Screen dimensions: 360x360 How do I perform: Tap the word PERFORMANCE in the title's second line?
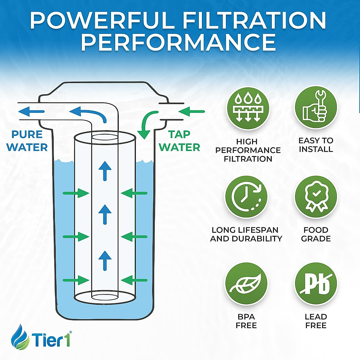click(178, 42)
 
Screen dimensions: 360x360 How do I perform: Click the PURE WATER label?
click(27, 141)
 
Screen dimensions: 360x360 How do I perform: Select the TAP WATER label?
click(179, 141)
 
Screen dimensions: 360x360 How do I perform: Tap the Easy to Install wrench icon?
click(316, 108)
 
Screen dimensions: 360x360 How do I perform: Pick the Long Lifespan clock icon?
click(246, 197)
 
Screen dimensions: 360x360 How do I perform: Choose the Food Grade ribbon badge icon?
click(316, 197)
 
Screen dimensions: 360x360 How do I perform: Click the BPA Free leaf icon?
click(246, 284)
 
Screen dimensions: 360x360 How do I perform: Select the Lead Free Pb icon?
click(316, 284)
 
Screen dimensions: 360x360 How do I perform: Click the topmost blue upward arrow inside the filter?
click(105, 171)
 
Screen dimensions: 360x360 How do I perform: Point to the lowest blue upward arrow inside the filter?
click(105, 260)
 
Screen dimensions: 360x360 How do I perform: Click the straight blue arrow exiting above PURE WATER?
click(31, 112)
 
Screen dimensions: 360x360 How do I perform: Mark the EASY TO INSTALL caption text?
click(316, 145)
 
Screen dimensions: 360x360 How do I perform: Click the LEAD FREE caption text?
click(316, 321)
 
